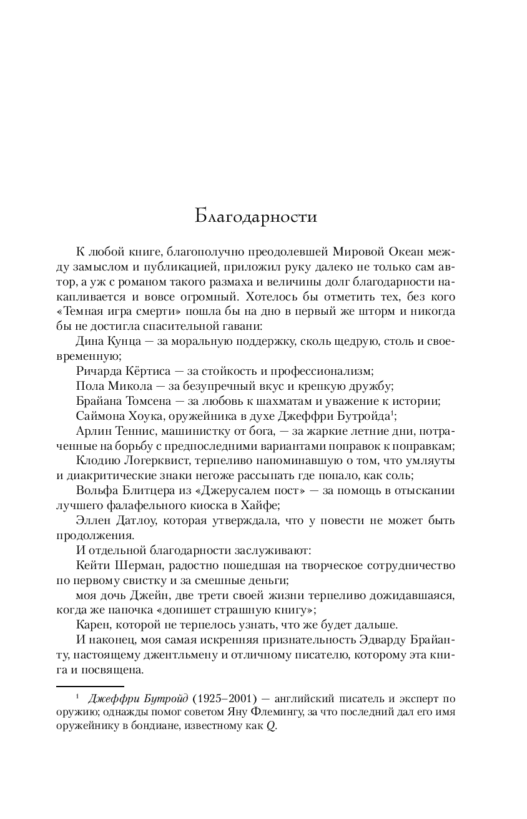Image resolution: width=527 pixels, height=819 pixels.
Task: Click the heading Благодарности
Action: (x=256, y=217)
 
